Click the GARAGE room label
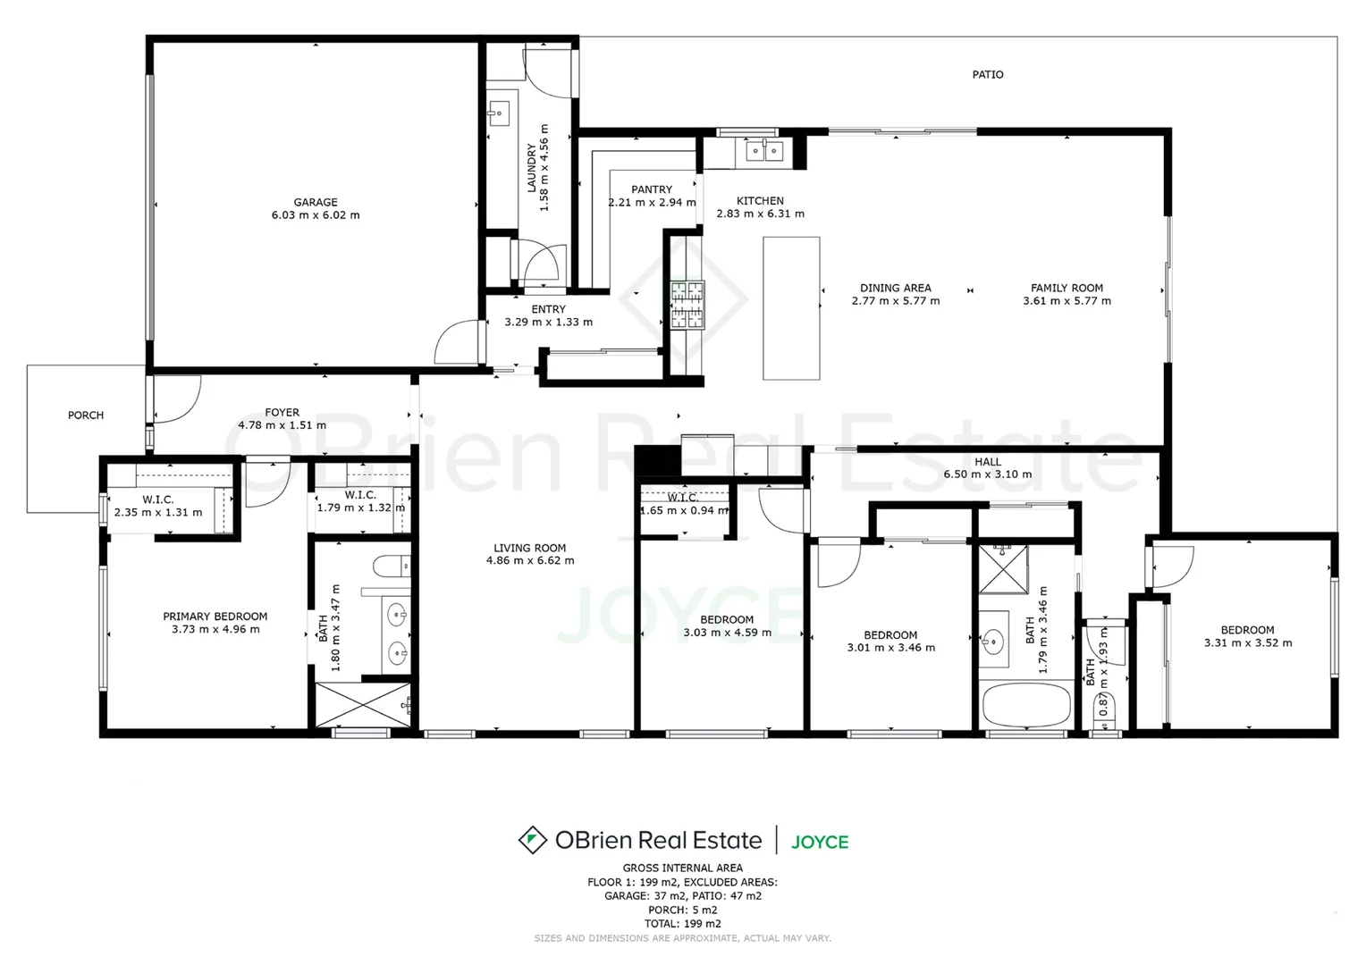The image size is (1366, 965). [316, 202]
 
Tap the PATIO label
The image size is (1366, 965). [988, 75]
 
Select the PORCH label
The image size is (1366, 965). [86, 415]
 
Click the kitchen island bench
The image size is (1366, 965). [791, 308]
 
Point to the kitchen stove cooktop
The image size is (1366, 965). [687, 305]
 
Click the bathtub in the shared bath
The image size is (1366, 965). [1026, 707]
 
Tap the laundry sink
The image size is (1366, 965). [499, 113]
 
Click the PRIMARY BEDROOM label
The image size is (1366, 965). [215, 617]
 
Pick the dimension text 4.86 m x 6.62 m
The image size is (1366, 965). [530, 561]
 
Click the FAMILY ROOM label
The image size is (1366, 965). [1067, 288]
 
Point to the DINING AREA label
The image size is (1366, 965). [895, 288]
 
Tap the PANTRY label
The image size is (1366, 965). [652, 189]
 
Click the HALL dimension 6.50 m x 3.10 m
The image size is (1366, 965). [988, 474]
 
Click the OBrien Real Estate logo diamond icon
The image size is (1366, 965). [533, 840]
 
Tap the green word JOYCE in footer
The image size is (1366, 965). [820, 842]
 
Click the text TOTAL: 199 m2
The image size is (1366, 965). [683, 924]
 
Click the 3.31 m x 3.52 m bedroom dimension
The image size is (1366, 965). [1247, 642]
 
